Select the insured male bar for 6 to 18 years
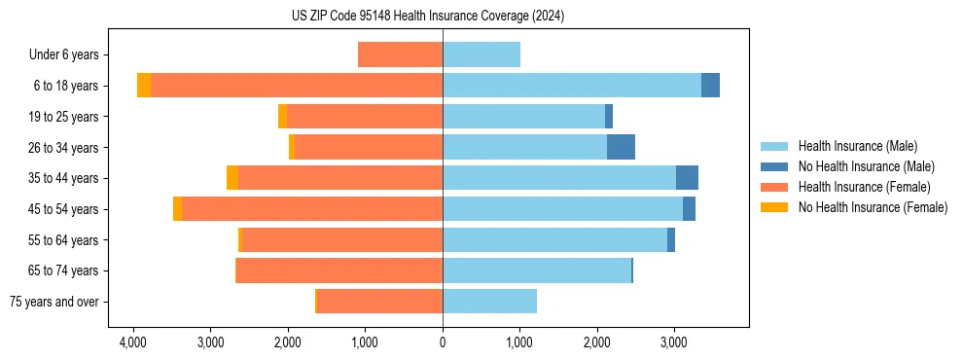[572, 86]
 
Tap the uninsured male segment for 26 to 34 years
[621, 147]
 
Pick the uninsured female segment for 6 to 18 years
[144, 86]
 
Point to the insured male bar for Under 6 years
[481, 54]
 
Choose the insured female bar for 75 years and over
[380, 302]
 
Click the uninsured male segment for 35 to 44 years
[687, 178]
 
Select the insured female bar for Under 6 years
[401, 54]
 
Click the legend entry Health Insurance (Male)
[857, 146]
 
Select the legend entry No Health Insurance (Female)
[873, 207]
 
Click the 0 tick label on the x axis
[443, 342]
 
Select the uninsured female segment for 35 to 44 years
[232, 178]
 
